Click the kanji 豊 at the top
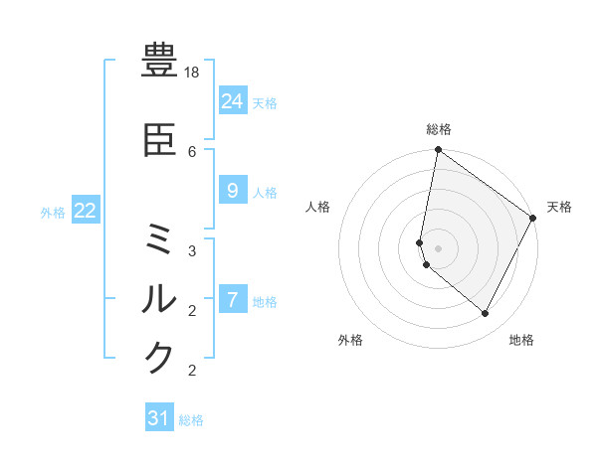tap(160, 61)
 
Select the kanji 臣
tap(160, 142)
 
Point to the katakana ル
tap(160, 298)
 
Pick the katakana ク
tap(160, 357)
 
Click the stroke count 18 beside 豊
tap(193, 74)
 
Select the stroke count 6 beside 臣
tap(192, 152)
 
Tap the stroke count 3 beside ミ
tap(192, 251)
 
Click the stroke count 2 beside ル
tap(192, 310)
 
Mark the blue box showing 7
tap(232, 299)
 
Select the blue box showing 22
tap(86, 211)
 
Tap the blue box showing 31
tap(159, 418)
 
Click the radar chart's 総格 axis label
tap(439, 129)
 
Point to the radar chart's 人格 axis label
tap(318, 207)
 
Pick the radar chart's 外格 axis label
tap(350, 340)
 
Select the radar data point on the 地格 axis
tap(486, 314)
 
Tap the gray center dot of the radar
tap(439, 248)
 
